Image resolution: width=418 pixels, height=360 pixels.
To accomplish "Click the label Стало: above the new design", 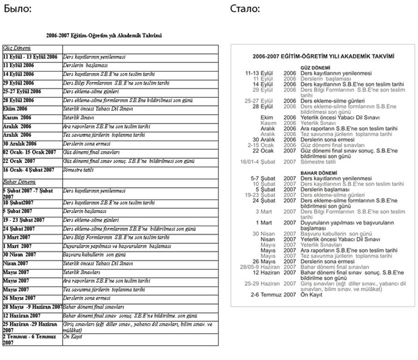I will point(244,9).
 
